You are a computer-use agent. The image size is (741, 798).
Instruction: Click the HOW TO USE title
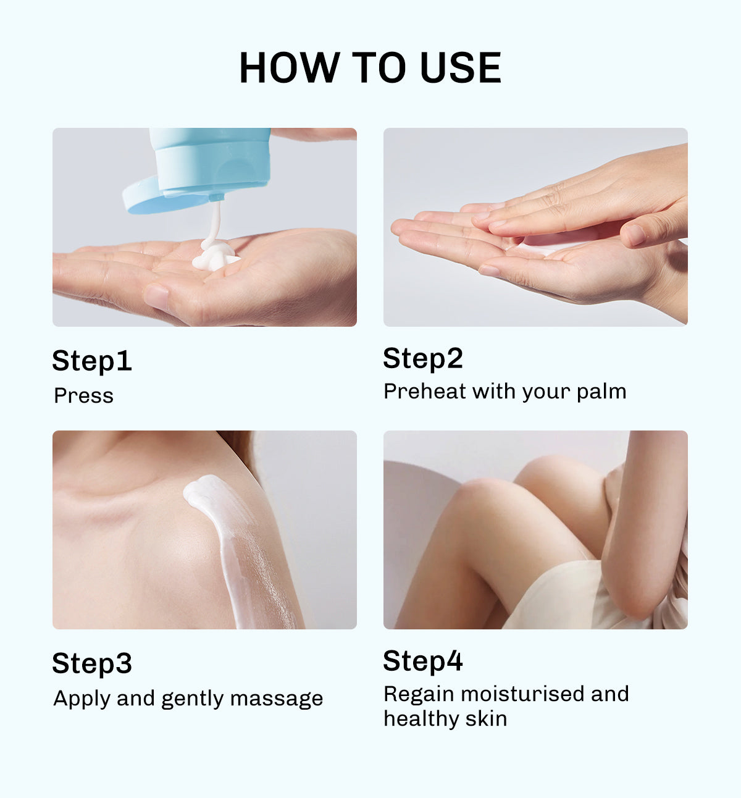[x=370, y=67]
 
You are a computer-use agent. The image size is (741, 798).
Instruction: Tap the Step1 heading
[x=92, y=361]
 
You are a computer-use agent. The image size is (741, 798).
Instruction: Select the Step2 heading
[x=423, y=358]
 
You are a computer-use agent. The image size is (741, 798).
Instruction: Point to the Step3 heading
[x=92, y=663]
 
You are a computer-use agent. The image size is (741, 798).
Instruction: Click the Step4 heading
[x=423, y=661]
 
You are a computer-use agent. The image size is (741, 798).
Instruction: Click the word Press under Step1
[x=83, y=395]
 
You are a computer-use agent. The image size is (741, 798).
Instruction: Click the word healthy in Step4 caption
[x=421, y=719]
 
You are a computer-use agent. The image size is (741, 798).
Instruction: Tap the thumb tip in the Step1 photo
[x=157, y=297]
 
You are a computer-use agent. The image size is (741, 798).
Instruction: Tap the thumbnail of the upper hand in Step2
[x=633, y=235]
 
